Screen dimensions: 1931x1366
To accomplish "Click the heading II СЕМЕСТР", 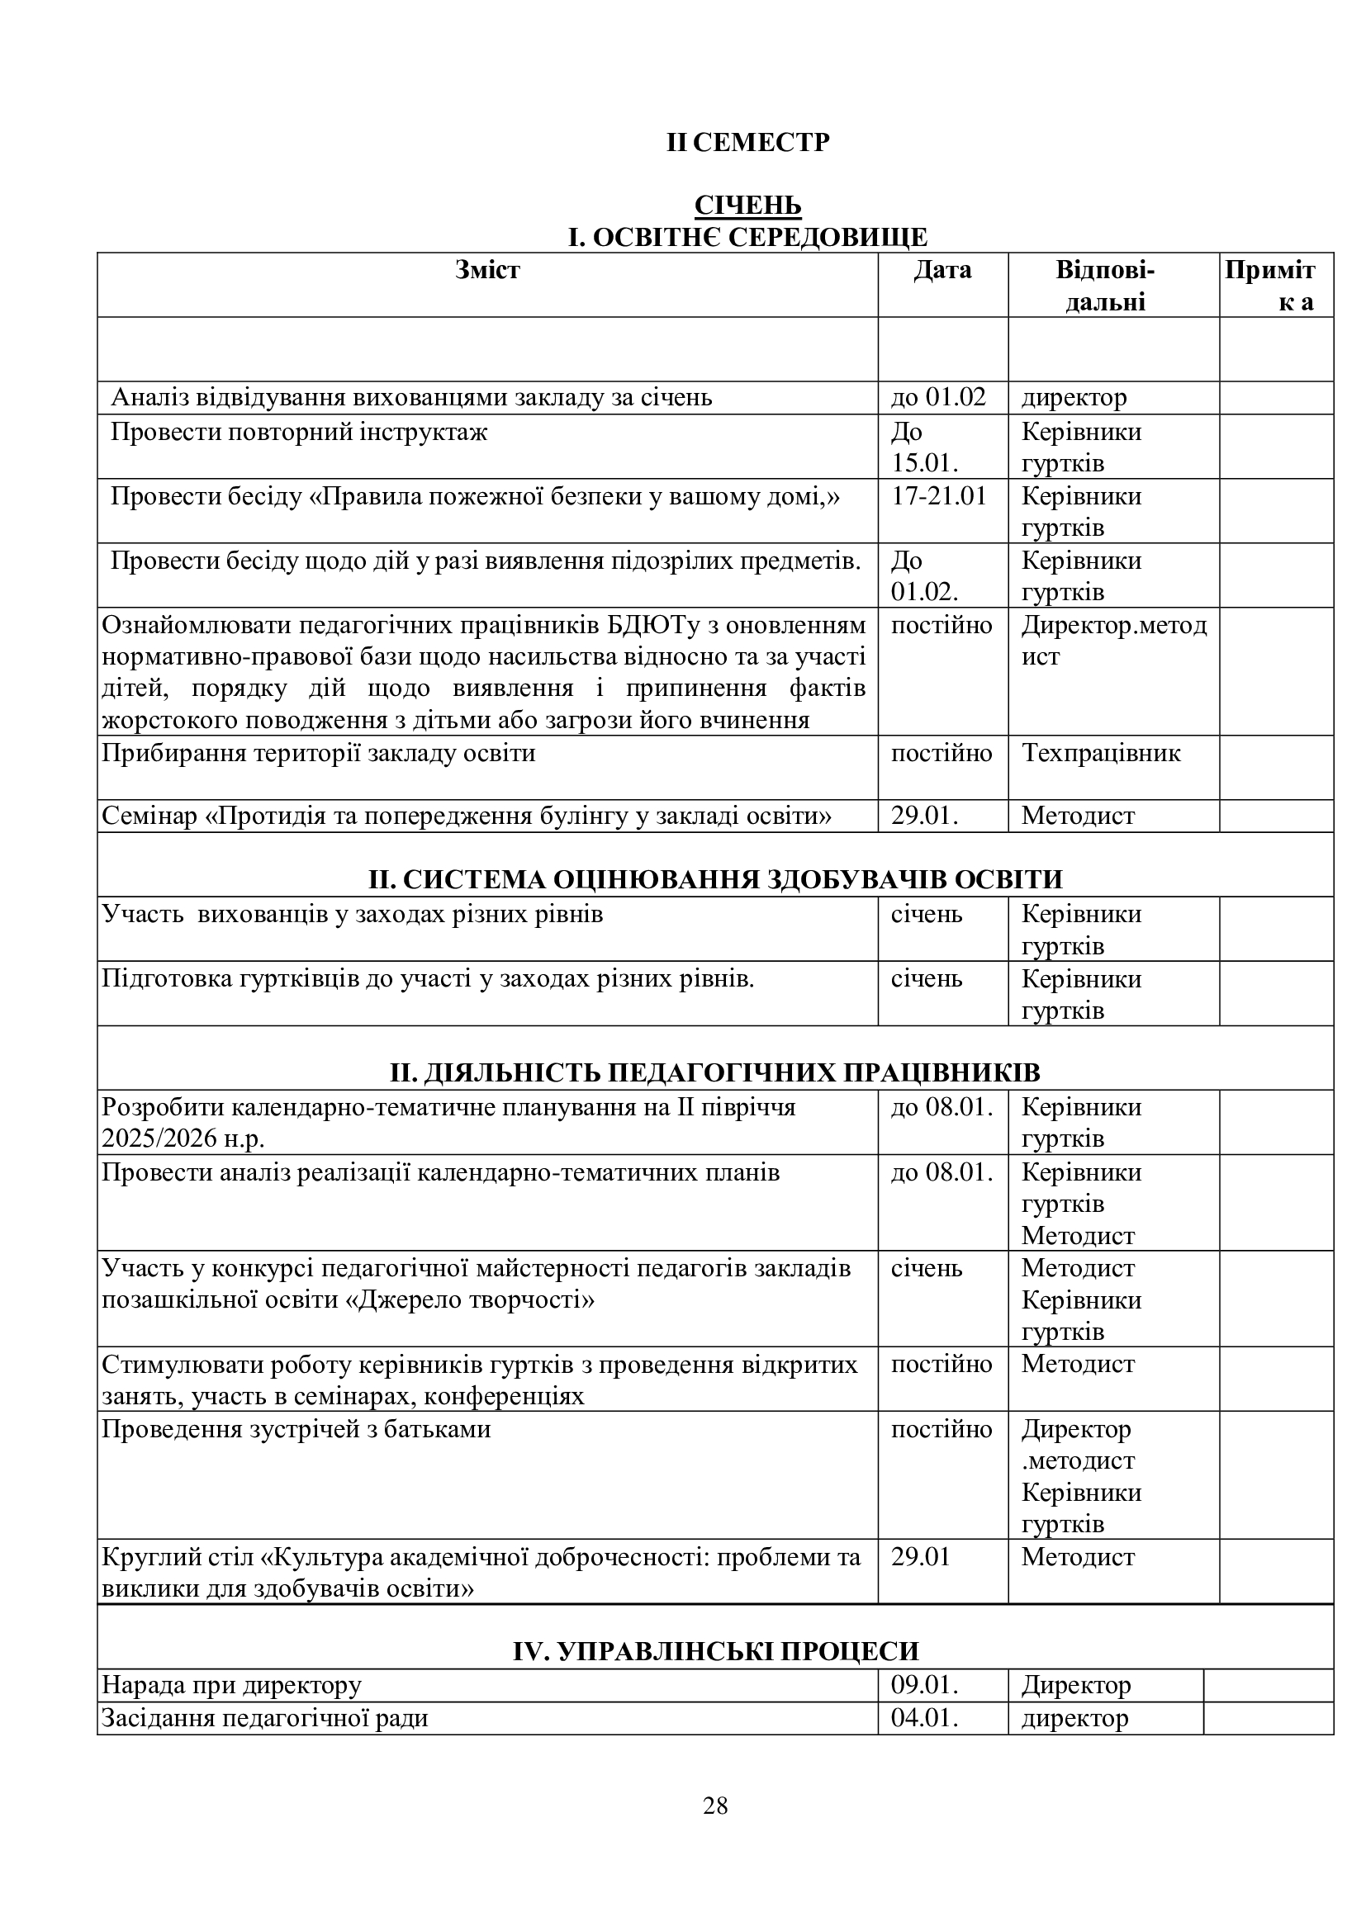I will tap(747, 143).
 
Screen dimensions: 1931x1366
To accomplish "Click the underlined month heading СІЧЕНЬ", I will tap(747, 206).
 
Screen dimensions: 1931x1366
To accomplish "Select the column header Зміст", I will tap(487, 270).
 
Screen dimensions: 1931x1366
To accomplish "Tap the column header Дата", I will tap(942, 270).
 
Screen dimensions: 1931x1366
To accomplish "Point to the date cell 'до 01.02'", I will tap(938, 397).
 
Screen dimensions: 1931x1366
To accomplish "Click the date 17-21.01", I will tap(939, 496).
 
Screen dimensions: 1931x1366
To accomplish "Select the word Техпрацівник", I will tap(1100, 753).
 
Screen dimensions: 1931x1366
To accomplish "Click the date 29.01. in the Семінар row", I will tap(924, 816).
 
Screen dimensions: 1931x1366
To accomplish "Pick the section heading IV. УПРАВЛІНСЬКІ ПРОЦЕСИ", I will tap(716, 1651).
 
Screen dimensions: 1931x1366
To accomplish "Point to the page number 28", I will tap(715, 1806).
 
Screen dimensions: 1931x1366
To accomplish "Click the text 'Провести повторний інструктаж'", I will tap(299, 433).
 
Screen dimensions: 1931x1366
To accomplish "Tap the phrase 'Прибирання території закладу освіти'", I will tap(318, 753).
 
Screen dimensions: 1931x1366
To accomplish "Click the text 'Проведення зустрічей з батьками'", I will tap(296, 1430).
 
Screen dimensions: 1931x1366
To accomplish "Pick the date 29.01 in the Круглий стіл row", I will tap(920, 1557).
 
